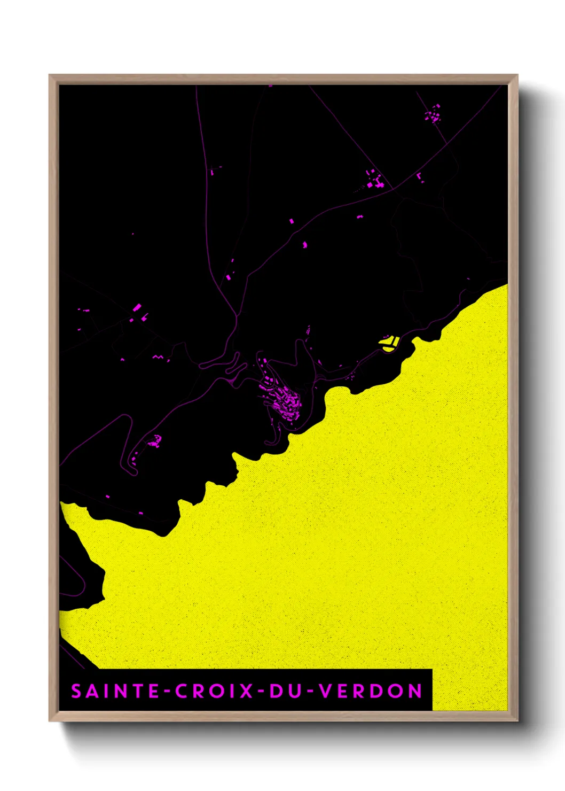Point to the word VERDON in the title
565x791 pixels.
click(x=371, y=691)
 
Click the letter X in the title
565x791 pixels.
click(x=246, y=691)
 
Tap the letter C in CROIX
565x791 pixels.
click(x=182, y=691)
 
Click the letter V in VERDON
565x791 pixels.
click(x=325, y=691)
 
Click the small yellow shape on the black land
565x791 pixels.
click(x=390, y=343)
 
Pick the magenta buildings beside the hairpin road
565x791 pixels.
click(x=154, y=442)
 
